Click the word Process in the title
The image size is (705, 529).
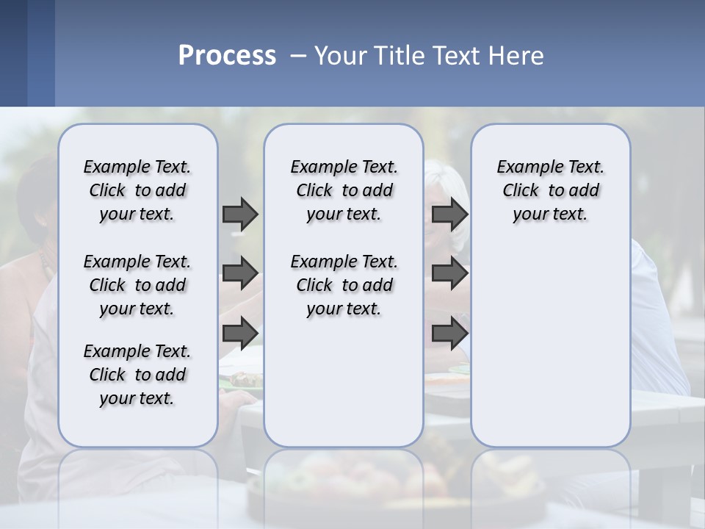(x=227, y=56)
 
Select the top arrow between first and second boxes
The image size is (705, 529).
(x=240, y=214)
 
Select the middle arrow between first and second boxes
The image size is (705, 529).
(x=240, y=273)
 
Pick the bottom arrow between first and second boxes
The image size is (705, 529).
(x=240, y=333)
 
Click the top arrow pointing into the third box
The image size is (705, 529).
(x=449, y=214)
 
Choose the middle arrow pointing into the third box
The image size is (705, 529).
(x=449, y=273)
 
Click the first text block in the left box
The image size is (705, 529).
(x=137, y=190)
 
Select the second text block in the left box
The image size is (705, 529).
(x=137, y=285)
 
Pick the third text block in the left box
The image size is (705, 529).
(x=137, y=375)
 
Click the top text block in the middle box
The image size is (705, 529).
(x=344, y=190)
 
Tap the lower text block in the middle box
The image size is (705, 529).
(x=344, y=285)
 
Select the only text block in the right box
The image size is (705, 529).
(x=550, y=190)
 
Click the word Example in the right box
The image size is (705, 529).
(x=525, y=167)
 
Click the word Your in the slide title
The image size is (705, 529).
(x=339, y=56)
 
